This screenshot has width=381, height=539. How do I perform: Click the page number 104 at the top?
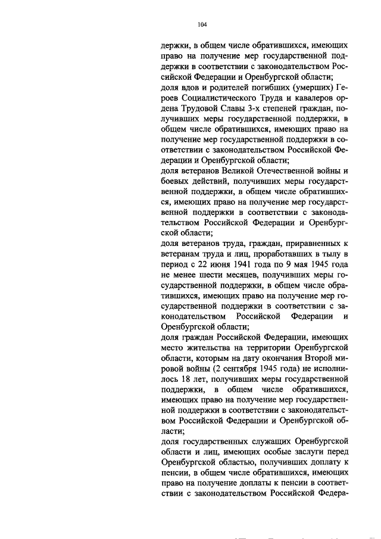(202, 24)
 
